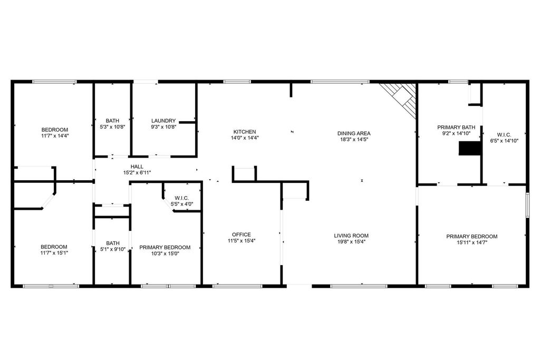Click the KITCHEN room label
pos(245,132)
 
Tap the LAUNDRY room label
pos(163,121)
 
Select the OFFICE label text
pos(242,235)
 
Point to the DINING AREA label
pos(354,133)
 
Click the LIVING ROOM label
pos(351,236)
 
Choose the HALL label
pos(137,167)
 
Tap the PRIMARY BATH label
pos(456,128)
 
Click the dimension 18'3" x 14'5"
pos(354,139)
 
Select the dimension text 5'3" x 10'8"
pos(112,127)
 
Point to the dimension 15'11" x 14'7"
pos(472,242)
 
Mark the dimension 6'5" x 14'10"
pos(504,141)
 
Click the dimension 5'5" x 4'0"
pos(182,204)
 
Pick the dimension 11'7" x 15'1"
pos(54,253)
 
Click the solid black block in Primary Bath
pos(470,149)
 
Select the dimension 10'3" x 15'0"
pos(165,254)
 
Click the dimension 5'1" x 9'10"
pos(113,249)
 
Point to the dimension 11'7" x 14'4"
pos(55,136)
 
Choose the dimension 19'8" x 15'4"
pos(351,241)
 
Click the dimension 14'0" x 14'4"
pos(245,138)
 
